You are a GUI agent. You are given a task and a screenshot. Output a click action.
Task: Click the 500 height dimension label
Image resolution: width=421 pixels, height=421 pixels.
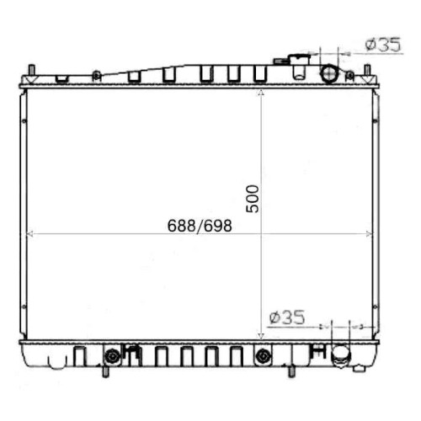point(252,199)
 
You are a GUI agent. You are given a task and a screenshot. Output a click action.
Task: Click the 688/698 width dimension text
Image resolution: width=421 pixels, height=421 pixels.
point(200,226)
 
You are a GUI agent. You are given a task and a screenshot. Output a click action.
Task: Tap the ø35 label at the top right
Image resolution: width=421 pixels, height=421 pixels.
point(383,45)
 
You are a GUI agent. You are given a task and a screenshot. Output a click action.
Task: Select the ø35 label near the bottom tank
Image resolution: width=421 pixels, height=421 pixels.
point(287,317)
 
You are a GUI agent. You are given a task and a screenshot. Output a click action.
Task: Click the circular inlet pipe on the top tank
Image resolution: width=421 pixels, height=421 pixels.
point(329,73)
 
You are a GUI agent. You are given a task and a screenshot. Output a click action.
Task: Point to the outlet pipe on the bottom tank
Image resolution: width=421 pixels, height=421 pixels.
point(340,356)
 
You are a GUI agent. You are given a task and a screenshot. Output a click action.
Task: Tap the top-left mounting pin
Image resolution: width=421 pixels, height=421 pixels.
point(32,70)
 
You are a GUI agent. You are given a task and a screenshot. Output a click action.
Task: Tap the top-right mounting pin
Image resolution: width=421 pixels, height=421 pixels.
point(367,70)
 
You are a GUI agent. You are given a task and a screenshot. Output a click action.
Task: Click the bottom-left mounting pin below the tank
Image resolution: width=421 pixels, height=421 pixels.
point(105,371)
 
